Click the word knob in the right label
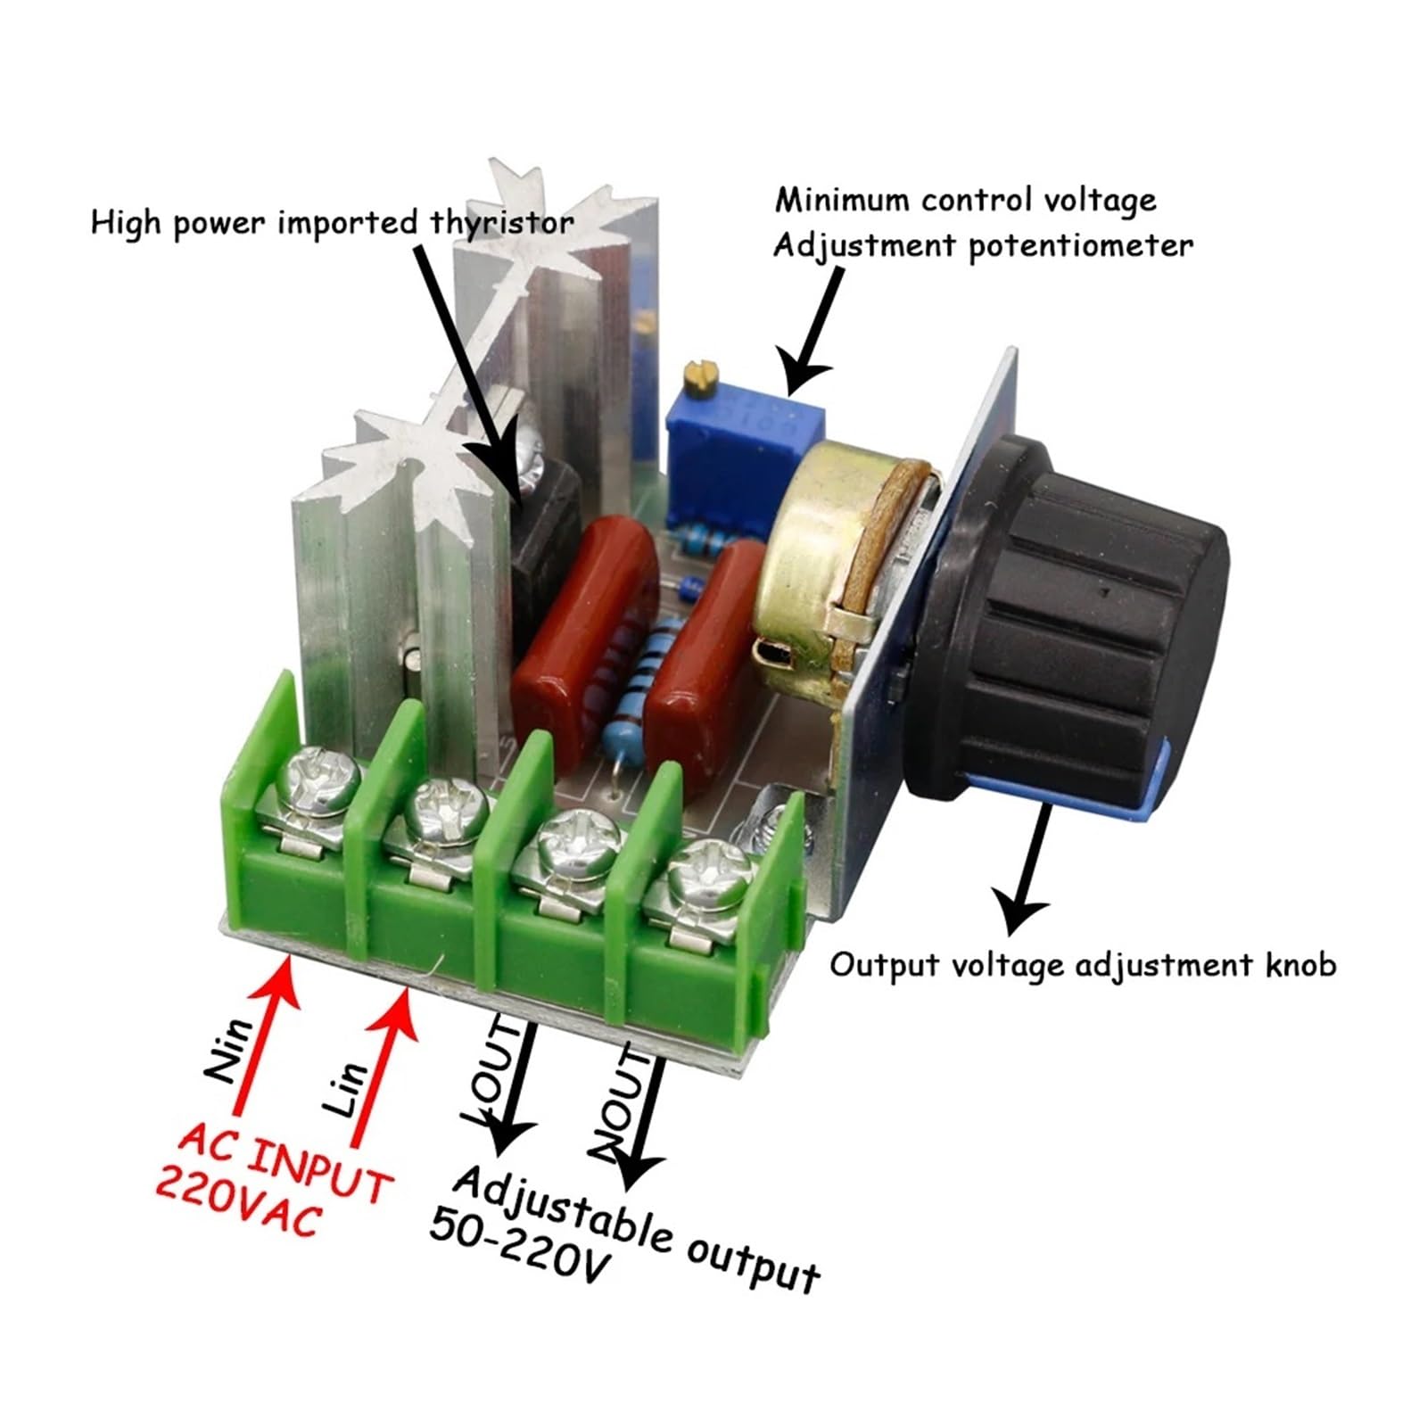[1301, 964]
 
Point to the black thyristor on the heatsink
[544, 535]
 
